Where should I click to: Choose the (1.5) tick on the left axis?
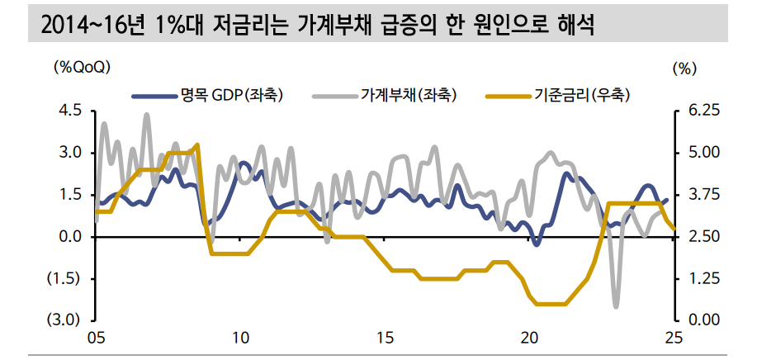pos(67,278)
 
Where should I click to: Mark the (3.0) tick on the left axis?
pos(67,320)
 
